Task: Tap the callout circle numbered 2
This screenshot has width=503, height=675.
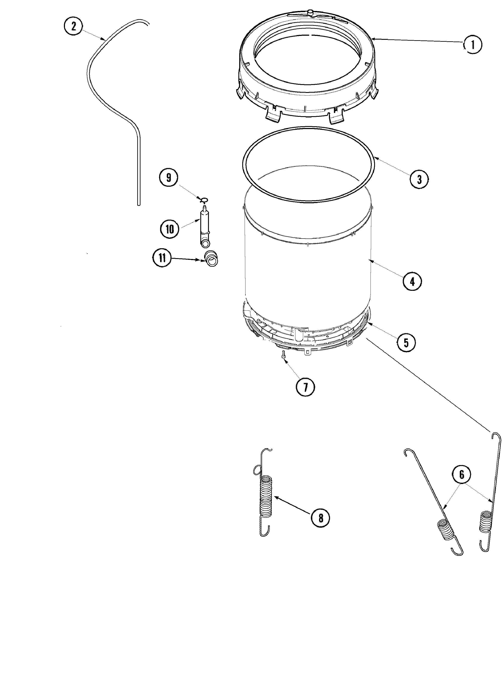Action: tap(73, 26)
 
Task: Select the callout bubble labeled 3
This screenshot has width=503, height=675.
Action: tap(419, 179)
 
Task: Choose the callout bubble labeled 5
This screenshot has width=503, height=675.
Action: tap(406, 343)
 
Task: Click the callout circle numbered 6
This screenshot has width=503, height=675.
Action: tap(462, 483)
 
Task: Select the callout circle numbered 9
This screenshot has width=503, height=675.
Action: tap(169, 178)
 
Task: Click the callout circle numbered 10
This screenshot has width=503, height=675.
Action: tap(170, 229)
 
